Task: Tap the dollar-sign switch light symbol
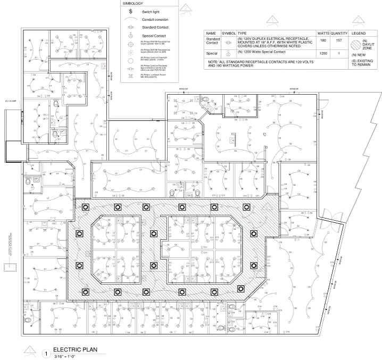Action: click(x=130, y=11)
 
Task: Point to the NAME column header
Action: click(x=211, y=33)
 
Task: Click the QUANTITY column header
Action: click(x=338, y=33)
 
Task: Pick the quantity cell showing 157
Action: click(x=338, y=40)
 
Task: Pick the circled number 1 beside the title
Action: click(x=46, y=353)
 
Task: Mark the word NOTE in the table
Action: click(x=214, y=62)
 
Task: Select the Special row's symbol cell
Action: click(x=228, y=54)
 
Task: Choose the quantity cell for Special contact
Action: click(x=338, y=54)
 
